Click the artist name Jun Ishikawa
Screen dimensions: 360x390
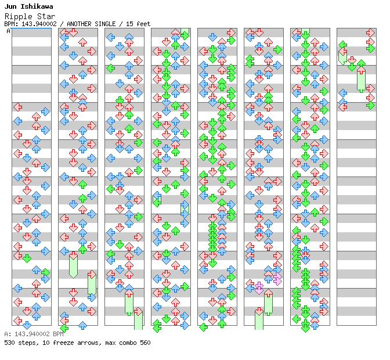[x=28, y=6]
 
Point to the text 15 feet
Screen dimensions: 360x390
[x=138, y=24]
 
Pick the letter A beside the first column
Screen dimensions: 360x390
[x=9, y=31]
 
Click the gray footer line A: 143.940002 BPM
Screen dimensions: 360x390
[x=33, y=334]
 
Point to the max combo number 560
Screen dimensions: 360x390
[x=145, y=343]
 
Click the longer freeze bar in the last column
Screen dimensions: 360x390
[x=361, y=80]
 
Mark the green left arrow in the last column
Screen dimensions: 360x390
[x=342, y=44]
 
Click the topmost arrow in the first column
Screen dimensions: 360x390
[x=17, y=107]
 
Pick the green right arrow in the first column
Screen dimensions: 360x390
[x=45, y=272]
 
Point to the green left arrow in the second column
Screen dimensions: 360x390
[x=64, y=328]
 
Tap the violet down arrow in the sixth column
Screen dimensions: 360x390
[x=259, y=288]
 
